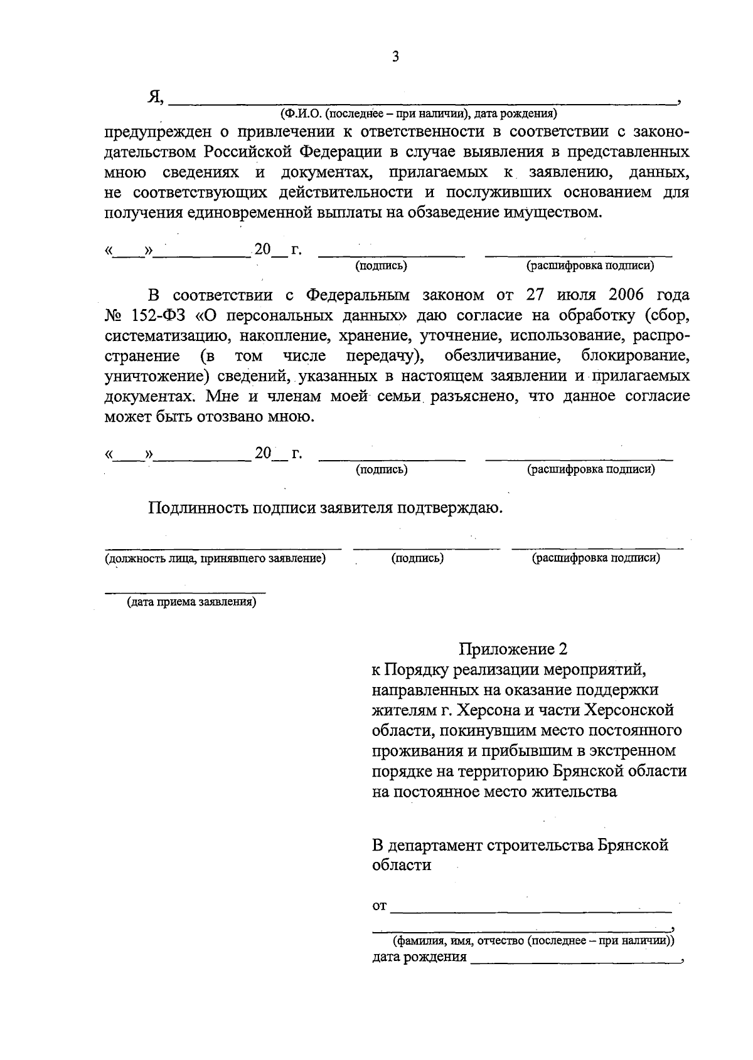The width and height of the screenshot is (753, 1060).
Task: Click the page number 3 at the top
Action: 395,57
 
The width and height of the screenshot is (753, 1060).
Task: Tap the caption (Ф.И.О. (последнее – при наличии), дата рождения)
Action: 419,114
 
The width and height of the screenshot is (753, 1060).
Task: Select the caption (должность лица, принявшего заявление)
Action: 215,558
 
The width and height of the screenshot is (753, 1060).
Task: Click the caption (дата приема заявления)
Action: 191,602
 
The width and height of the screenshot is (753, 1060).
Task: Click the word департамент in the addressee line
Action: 435,845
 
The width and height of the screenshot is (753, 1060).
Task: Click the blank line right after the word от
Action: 531,906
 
